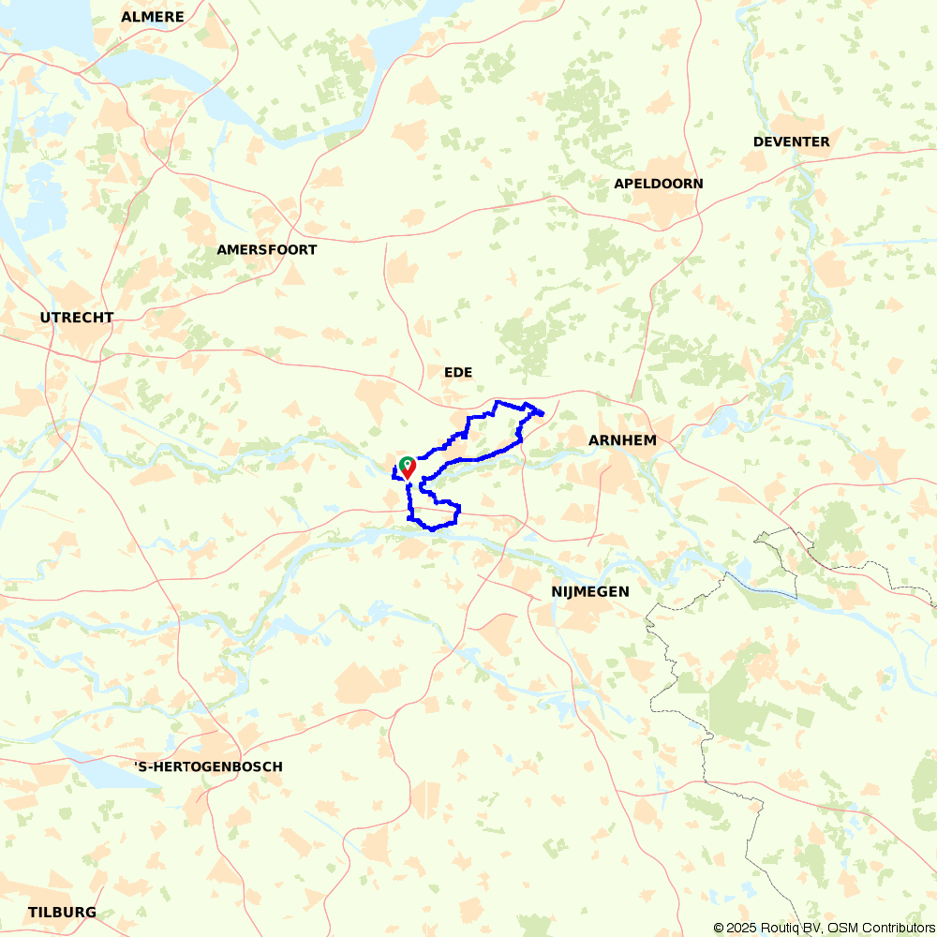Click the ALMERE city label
[x=153, y=17]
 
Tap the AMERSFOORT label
[x=266, y=250]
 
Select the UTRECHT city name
[x=77, y=318]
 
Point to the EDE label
[x=458, y=373]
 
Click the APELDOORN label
[x=658, y=184]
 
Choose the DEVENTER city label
[x=791, y=141]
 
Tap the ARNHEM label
[x=622, y=440]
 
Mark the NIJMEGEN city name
[x=589, y=592]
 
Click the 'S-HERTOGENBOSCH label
[x=209, y=766]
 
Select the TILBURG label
[x=62, y=913]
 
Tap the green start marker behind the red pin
[x=406, y=462]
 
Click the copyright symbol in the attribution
[x=719, y=928]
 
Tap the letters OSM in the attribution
[x=836, y=928]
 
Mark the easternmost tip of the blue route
[x=543, y=412]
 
